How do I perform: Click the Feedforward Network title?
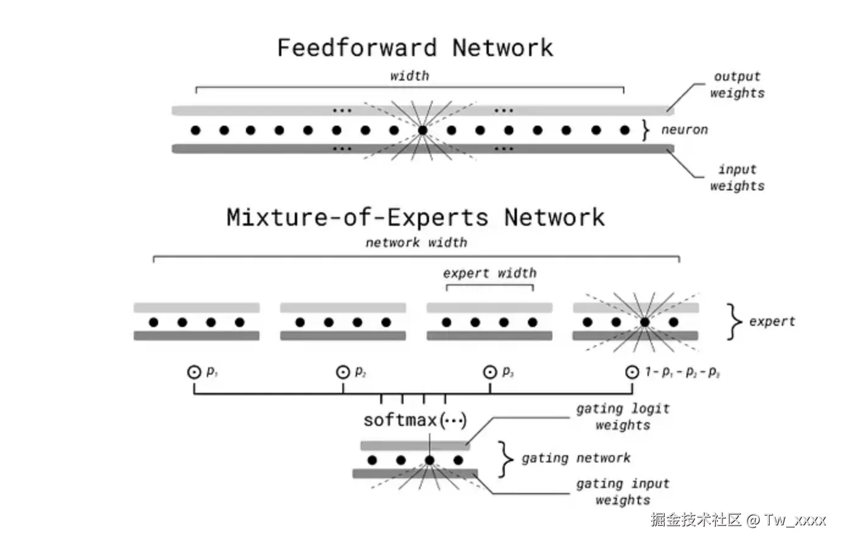[x=415, y=48]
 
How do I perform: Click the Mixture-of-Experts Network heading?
[x=416, y=217]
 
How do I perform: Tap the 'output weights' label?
[x=737, y=85]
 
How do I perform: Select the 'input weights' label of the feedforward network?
[x=737, y=178]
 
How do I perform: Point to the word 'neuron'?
[x=684, y=130]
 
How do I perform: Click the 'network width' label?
[x=416, y=243]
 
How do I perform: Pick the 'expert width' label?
[x=489, y=273]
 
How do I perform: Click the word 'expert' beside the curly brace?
[x=772, y=322]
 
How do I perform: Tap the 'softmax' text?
[x=400, y=420]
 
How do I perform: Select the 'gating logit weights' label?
[x=623, y=417]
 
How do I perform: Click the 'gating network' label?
[x=576, y=458]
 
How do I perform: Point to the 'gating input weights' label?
[x=623, y=492]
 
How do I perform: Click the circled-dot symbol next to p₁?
[x=194, y=372]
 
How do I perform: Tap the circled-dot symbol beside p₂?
[x=343, y=372]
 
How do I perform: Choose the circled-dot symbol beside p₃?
[x=490, y=372]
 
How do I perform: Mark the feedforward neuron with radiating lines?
[x=422, y=130]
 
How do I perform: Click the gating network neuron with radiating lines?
[x=430, y=460]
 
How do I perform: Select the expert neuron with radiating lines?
[x=645, y=322]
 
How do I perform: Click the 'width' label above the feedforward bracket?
[x=410, y=76]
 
